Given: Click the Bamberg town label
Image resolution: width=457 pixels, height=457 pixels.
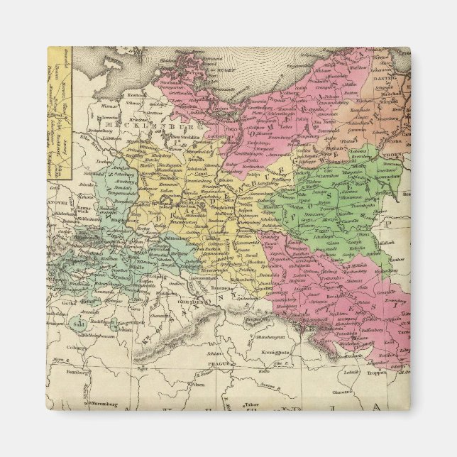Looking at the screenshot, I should click(70, 370).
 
